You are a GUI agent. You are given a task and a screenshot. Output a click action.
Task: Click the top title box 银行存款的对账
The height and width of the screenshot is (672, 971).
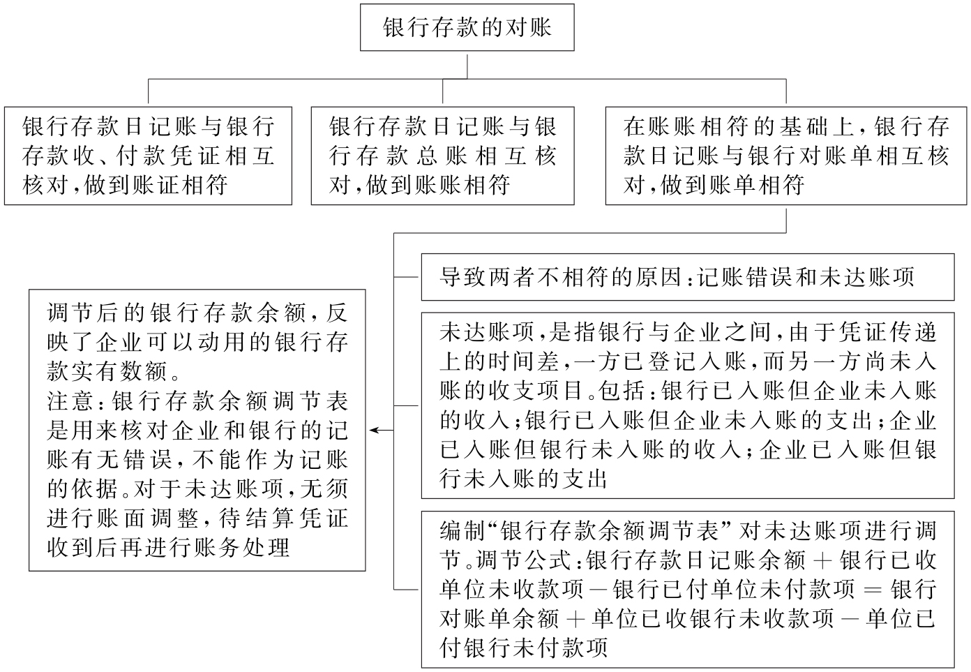pos(467,27)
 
